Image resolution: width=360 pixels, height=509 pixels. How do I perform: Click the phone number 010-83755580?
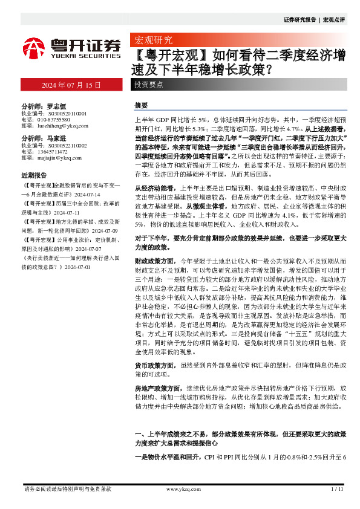54,118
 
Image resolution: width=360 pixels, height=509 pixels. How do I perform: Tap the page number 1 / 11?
338,489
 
